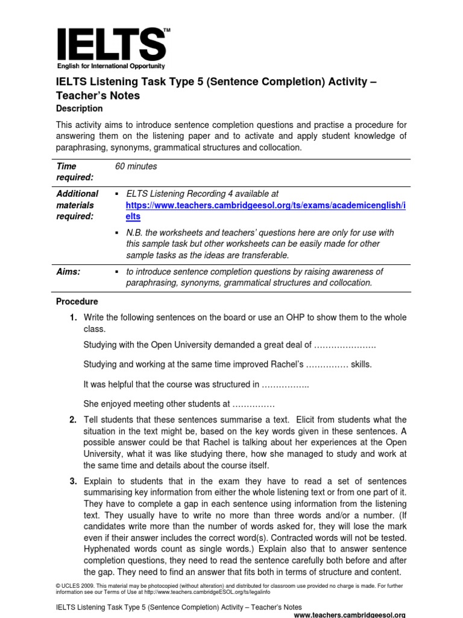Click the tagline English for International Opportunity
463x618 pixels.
[111, 66]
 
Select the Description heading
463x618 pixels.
[79, 109]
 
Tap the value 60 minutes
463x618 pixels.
[136, 166]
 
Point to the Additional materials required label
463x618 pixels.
[77, 205]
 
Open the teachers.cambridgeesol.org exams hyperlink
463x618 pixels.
[265, 205]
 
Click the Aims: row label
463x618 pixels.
[68, 272]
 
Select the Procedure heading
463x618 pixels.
[77, 301]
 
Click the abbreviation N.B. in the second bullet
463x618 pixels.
[135, 232]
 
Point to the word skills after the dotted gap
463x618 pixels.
[362, 365]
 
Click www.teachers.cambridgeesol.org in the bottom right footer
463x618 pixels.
[349, 614]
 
